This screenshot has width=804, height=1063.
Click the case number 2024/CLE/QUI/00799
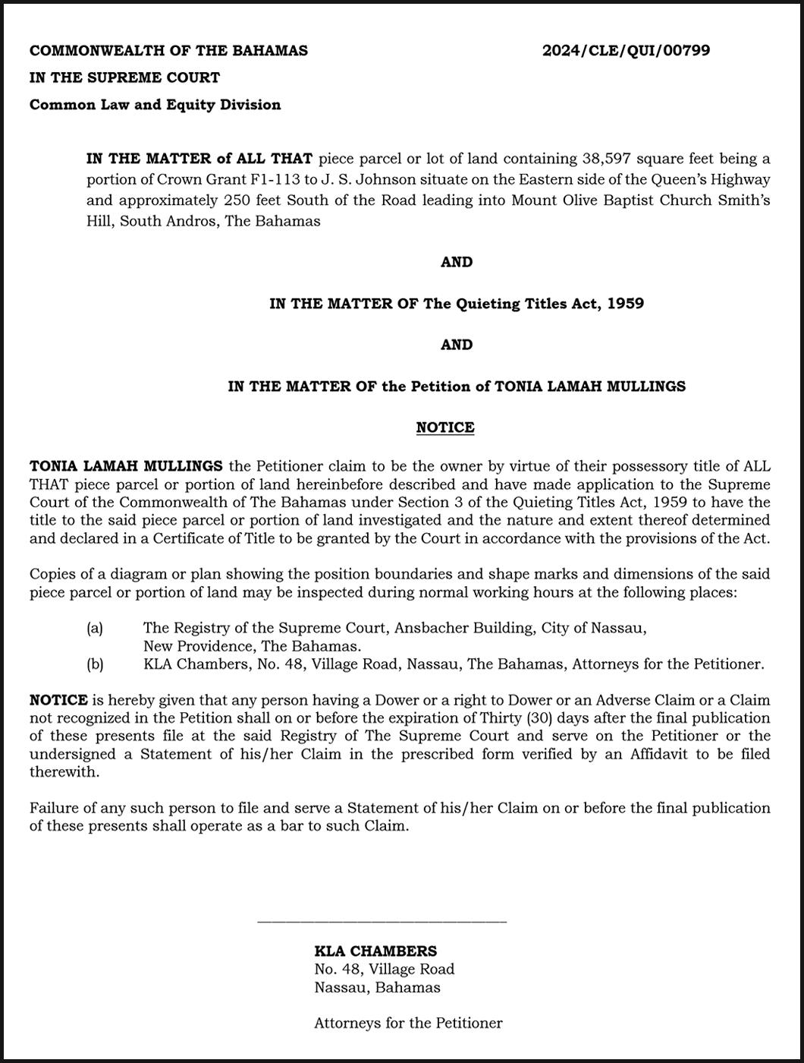click(x=626, y=51)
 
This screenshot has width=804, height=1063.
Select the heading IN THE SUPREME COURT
click(x=124, y=77)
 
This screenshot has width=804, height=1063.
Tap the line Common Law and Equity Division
click(x=155, y=105)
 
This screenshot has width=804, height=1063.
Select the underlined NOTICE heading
click(x=445, y=427)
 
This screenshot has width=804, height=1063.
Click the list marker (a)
click(x=95, y=628)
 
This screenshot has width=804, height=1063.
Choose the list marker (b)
click(x=95, y=664)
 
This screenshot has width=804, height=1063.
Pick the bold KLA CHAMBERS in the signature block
click(x=375, y=951)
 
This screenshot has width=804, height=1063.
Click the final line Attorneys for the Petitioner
click(x=408, y=1024)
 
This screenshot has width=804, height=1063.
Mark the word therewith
click(x=64, y=772)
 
